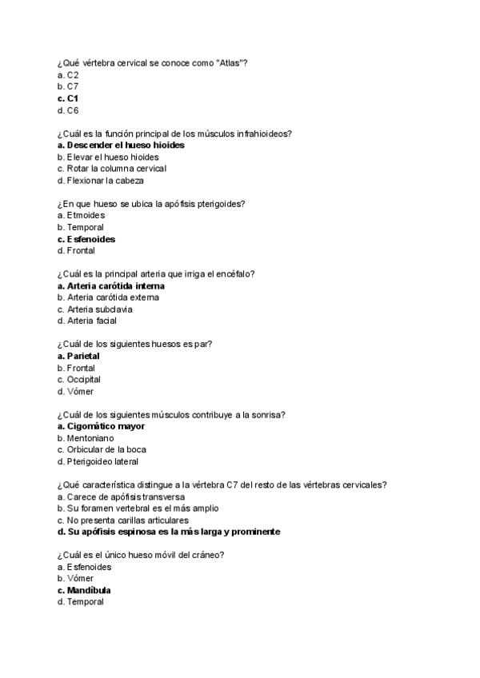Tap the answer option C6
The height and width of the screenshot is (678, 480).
pyautogui.click(x=68, y=110)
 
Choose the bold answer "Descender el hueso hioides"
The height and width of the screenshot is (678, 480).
pyautogui.click(x=121, y=146)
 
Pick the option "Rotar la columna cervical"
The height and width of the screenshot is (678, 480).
pyautogui.click(x=112, y=169)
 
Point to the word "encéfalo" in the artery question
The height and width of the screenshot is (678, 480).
pyautogui.click(x=237, y=274)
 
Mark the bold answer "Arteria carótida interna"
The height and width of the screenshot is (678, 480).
pyautogui.click(x=111, y=285)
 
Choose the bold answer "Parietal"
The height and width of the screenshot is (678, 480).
pyautogui.click(x=78, y=356)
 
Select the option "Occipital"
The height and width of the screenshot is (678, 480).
pyautogui.click(x=79, y=380)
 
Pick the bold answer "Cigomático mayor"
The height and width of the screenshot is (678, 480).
pyautogui.click(x=101, y=426)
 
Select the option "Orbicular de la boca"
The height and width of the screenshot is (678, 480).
pyautogui.click(x=101, y=449)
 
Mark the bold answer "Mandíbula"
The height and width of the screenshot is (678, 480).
pyautogui.click(x=84, y=590)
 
